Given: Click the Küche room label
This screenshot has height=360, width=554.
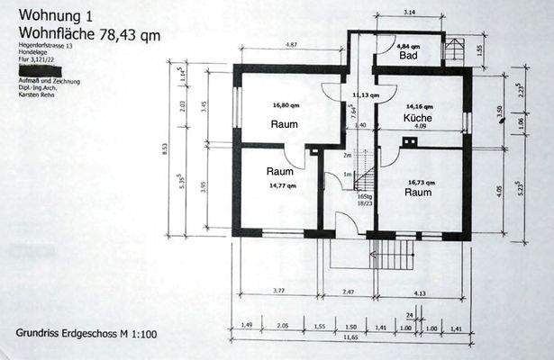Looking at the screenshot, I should [x=419, y=118].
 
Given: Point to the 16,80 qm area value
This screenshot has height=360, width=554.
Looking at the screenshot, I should [x=286, y=104].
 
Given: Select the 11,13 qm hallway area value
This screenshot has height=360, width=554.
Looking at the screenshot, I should [x=366, y=94].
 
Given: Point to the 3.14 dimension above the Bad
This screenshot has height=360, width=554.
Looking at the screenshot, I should [x=410, y=12].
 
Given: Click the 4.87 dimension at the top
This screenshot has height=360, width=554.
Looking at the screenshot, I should [x=291, y=44].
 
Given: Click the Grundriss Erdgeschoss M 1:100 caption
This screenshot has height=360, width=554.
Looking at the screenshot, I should [x=86, y=334].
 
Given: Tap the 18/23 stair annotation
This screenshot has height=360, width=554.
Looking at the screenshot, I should [x=365, y=204].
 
